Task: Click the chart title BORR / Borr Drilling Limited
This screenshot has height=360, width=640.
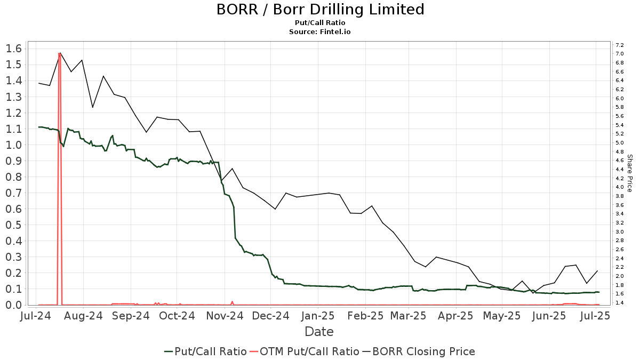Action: (x=320, y=10)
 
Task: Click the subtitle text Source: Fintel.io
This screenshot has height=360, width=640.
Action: (x=320, y=31)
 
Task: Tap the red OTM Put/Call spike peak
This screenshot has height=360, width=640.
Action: (x=59, y=53)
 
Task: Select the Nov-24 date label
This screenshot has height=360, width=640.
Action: (x=226, y=316)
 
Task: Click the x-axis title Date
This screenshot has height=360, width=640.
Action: (x=319, y=332)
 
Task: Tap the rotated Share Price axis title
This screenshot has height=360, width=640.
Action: (x=629, y=173)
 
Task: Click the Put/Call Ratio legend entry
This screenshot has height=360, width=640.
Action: (x=205, y=351)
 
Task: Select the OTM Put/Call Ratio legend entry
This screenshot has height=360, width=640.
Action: (x=304, y=351)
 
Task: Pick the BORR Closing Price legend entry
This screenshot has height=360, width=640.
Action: (x=419, y=351)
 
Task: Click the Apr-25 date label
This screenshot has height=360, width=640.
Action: (x=458, y=316)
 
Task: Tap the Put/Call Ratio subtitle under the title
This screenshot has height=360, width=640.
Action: (x=320, y=23)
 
